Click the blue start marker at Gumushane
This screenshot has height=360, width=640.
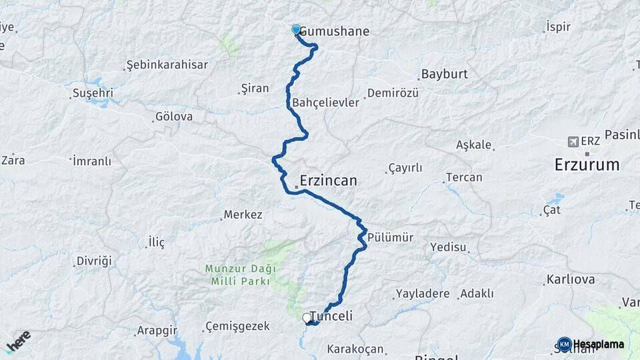click(296, 29)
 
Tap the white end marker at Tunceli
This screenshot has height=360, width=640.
click(306, 318)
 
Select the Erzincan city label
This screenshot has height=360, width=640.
click(328, 181)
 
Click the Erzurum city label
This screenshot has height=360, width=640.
click(587, 165)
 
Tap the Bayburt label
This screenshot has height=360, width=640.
click(444, 74)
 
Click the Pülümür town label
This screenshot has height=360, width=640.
click(391, 237)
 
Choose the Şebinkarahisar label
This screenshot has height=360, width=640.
click(167, 65)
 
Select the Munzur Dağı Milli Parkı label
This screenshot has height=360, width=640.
click(239, 275)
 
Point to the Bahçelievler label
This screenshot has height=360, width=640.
click(325, 103)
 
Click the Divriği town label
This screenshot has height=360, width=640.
click(94, 260)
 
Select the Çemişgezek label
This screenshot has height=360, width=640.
click(237, 326)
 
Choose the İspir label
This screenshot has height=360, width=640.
click(558, 27)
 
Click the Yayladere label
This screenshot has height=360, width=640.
click(423, 293)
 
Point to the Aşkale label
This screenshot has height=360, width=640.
click(474, 145)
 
